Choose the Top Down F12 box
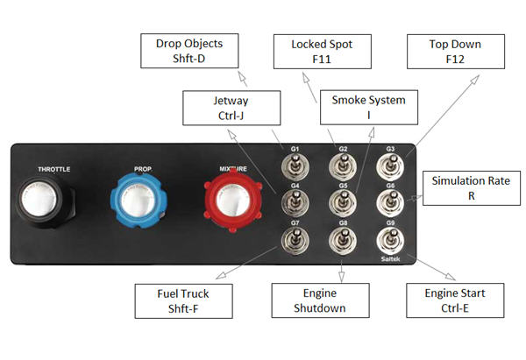[456, 51]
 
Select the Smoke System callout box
[368, 107]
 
